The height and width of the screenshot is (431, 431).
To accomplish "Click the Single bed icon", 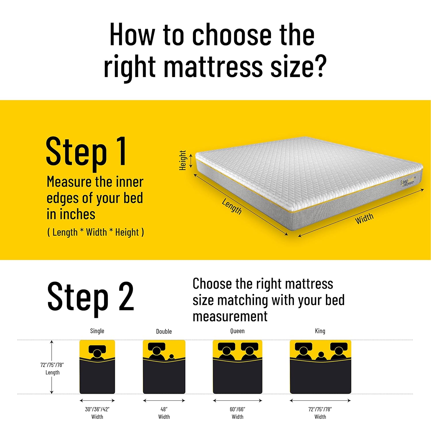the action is (97, 367).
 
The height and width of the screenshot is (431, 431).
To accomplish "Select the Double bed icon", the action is (164, 367).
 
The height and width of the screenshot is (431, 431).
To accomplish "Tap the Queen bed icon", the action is (237, 367).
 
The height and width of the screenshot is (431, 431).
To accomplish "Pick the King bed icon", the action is (320, 367).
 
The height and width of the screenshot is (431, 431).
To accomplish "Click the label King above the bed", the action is (320, 331).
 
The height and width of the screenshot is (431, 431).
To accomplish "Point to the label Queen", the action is (237, 331).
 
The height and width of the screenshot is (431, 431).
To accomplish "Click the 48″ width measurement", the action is (164, 409).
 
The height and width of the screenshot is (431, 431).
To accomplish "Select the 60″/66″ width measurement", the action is (237, 409).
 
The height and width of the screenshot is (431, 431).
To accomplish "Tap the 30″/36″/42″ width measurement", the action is (97, 409).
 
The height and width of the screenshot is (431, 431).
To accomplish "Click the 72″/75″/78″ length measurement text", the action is (52, 365).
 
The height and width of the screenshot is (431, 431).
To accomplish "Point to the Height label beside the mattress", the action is (183, 160).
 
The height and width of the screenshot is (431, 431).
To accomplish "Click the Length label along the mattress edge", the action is (232, 206).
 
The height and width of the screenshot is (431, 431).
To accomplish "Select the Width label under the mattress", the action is (364, 219).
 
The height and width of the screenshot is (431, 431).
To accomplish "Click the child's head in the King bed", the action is (321, 354).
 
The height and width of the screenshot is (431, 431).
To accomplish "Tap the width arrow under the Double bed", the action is (164, 401).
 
